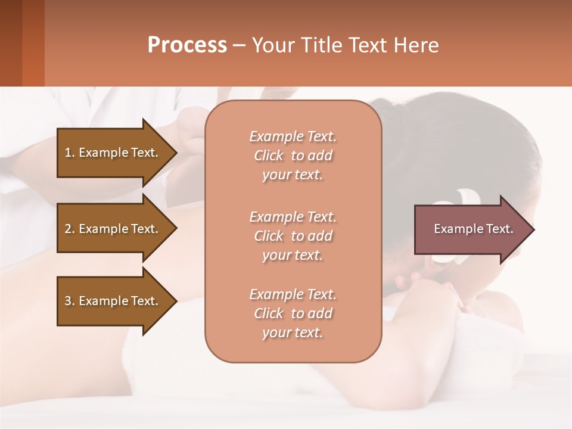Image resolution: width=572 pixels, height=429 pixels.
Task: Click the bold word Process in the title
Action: pos(187,45)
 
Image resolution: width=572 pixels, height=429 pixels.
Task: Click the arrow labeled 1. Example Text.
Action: pos(113,153)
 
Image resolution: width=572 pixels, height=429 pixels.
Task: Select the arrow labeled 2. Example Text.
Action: pos(113,229)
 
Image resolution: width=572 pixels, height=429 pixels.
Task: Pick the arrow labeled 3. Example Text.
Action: pos(113,301)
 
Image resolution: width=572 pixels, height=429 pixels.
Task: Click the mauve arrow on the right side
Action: pos(471,229)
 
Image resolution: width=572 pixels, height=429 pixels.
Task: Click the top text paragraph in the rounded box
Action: pos(293,156)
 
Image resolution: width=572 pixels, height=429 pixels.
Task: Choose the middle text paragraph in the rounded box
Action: pos(293,236)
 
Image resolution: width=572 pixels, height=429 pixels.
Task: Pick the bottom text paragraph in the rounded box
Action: pos(293,313)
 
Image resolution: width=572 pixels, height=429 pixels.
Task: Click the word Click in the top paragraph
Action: pos(269,156)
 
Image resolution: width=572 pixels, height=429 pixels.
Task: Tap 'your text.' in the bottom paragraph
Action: pos(293,332)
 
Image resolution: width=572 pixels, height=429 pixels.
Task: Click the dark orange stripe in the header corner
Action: pos(33,43)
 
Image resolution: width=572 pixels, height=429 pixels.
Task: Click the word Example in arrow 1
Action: pos(102,153)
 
